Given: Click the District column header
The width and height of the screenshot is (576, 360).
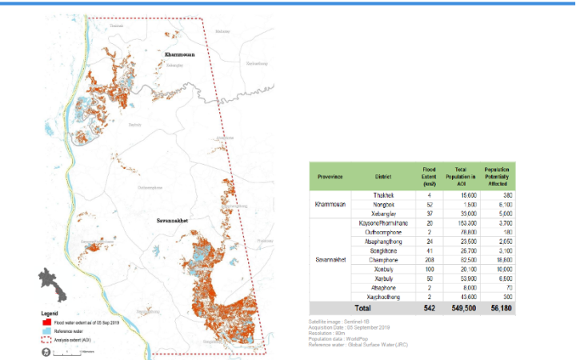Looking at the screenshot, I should (x=382, y=177).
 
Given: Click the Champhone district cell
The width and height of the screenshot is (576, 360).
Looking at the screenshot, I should (x=382, y=261).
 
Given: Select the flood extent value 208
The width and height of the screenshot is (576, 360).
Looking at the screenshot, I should (x=430, y=261).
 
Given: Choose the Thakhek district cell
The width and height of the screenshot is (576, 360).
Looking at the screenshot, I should (x=382, y=194).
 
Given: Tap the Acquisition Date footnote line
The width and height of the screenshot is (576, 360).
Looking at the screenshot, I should (x=348, y=328).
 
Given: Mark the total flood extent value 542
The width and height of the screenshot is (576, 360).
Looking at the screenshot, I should (x=430, y=307).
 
